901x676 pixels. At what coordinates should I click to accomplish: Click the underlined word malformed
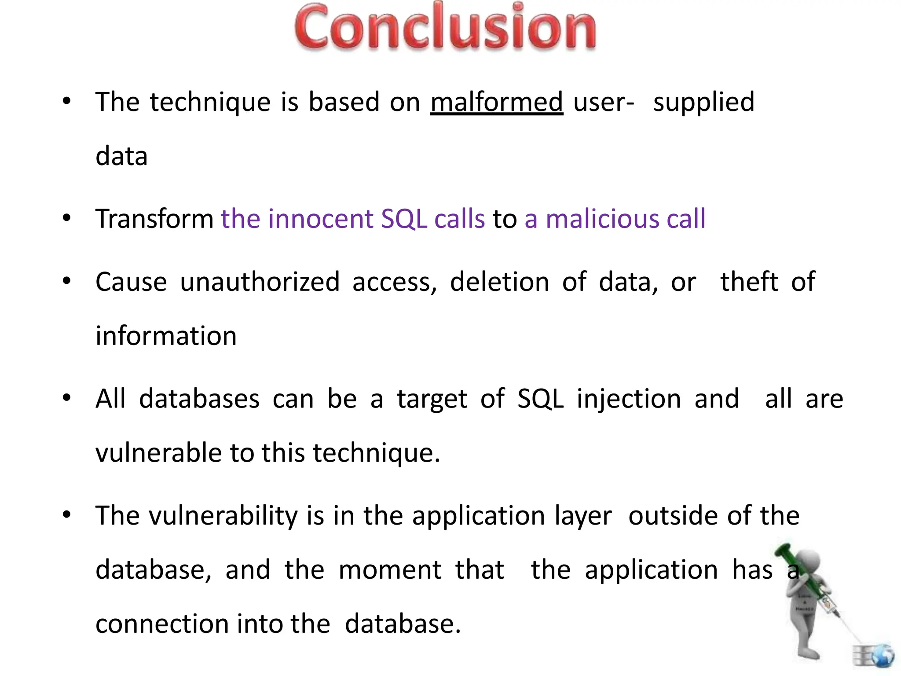point(496,102)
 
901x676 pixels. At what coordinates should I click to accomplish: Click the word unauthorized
point(260,282)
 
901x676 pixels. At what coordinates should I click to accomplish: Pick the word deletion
point(499,282)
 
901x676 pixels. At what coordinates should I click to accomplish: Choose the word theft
point(749,282)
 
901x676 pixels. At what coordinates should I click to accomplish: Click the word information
point(166,336)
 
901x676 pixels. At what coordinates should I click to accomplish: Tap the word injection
point(629,399)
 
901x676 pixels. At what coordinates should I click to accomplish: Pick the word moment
point(390,570)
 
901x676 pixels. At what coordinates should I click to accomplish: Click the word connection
point(162,624)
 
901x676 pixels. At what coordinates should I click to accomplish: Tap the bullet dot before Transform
point(66,218)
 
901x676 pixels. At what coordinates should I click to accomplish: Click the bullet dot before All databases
point(66,398)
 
